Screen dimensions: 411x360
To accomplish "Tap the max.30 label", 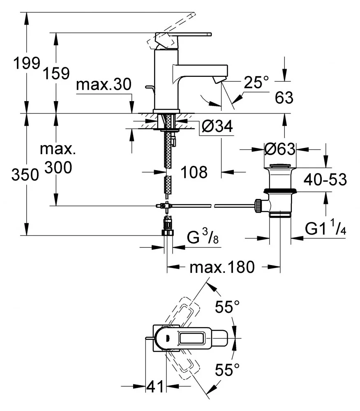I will (x=104, y=85).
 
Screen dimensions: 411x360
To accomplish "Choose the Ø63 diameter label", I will (x=280, y=149).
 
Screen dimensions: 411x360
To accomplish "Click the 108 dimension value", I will (x=194, y=172).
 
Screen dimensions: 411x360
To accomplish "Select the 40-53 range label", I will (x=325, y=180).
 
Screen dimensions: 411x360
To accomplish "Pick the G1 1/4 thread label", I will (x=325, y=229).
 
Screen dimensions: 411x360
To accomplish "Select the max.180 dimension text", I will (x=222, y=268).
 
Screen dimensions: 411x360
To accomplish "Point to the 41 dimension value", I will (x=155, y=387).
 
